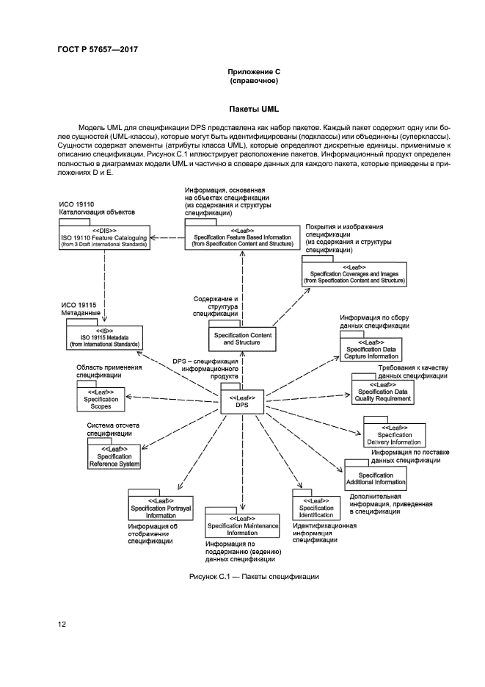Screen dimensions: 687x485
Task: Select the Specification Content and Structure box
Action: pos(242,339)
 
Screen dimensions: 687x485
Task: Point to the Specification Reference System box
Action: pos(114,457)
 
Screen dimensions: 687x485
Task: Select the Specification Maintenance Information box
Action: pos(242,529)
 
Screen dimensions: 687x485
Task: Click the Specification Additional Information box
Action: pos(376,478)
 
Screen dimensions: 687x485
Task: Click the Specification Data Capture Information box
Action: pos(371,350)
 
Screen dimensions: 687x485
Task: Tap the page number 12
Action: pos(62,625)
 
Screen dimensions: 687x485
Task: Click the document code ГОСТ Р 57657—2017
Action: pos(98,49)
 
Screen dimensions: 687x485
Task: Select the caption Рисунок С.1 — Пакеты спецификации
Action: pos(253,577)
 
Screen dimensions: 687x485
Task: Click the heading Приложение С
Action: pos(254,71)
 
